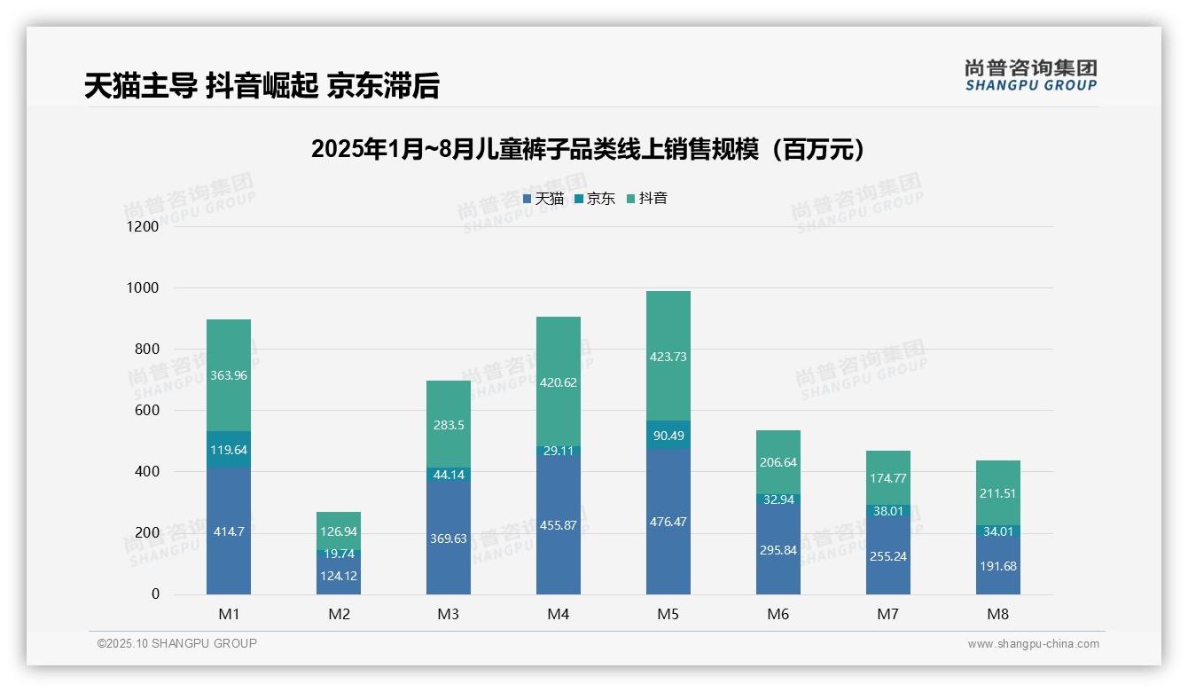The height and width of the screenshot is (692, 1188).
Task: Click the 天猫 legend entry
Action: pyautogui.click(x=543, y=199)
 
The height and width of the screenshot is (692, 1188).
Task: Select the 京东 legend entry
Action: pyautogui.click(x=595, y=199)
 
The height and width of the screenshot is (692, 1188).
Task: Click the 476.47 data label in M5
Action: pyautogui.click(x=668, y=522)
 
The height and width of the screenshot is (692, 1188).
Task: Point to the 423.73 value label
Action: pyautogui.click(x=668, y=357)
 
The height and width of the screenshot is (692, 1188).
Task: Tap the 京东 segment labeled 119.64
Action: pyautogui.click(x=229, y=450)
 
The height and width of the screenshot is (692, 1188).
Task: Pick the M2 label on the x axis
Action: pyautogui.click(x=339, y=614)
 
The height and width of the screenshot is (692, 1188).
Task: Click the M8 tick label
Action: pyautogui.click(x=997, y=614)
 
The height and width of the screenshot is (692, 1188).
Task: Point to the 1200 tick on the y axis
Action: pyautogui.click(x=142, y=227)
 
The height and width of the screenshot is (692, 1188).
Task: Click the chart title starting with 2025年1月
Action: pyautogui.click(x=588, y=149)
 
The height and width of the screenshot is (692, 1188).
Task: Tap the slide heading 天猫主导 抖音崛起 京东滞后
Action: pyautogui.click(x=262, y=86)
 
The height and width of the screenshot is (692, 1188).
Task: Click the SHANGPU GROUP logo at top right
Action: pyautogui.click(x=1030, y=75)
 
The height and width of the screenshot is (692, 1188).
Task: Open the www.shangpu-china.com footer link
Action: pyautogui.click(x=1033, y=644)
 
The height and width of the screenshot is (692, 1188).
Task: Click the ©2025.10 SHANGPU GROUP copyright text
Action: pyautogui.click(x=177, y=643)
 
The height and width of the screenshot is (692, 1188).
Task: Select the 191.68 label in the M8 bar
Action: pyautogui.click(x=997, y=566)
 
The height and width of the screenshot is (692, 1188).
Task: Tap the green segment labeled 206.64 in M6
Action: pyautogui.click(x=778, y=462)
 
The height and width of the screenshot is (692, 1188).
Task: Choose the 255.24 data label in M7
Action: pyautogui.click(x=887, y=556)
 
